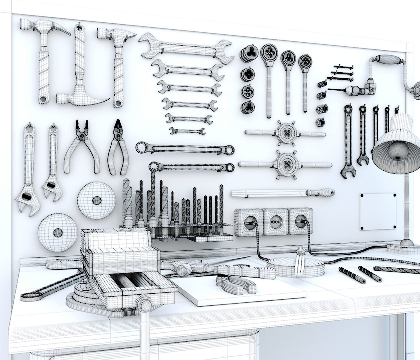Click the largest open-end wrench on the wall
click(186, 48)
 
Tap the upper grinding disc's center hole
click(97, 199)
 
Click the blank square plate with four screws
click(378, 211)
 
